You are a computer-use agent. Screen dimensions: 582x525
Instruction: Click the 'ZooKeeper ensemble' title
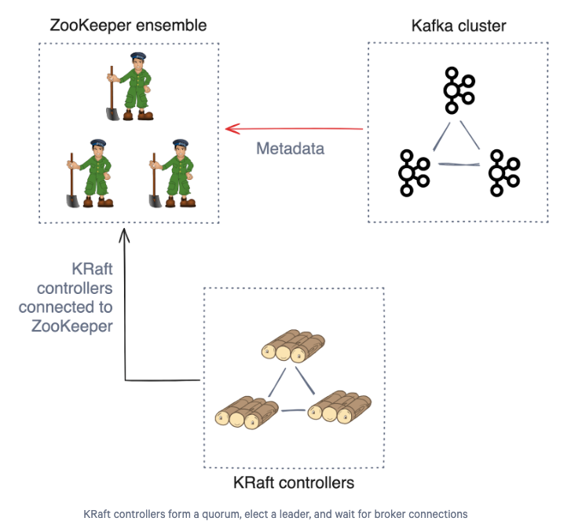pos(128,26)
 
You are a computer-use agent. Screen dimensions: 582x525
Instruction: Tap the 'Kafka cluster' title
pos(459,26)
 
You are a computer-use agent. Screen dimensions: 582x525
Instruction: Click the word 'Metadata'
pos(291,149)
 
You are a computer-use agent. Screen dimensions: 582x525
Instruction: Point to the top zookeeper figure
pos(130,86)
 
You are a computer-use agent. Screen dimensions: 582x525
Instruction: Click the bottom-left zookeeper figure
pos(90,174)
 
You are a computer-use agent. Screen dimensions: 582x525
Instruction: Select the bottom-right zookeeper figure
pos(172,174)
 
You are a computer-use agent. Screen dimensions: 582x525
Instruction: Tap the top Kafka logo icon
pos(459,90)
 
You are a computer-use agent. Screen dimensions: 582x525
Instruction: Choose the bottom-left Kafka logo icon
pos(414,173)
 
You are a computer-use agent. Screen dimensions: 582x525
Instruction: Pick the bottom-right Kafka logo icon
pos(504,173)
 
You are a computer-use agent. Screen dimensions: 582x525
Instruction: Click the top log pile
pos(293,346)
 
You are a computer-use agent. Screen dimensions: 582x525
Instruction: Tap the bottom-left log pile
pos(247,413)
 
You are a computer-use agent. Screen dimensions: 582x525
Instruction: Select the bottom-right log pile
pos(339,407)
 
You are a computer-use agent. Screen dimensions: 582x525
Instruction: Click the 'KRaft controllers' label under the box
pos(294,483)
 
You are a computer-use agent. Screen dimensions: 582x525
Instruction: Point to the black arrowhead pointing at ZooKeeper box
pos(124,236)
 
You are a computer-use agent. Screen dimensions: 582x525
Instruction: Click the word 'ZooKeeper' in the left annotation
pos(72,326)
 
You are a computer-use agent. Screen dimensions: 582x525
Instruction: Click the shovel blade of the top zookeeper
pos(112,114)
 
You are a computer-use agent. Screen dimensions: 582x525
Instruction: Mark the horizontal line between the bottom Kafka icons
pos(459,164)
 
